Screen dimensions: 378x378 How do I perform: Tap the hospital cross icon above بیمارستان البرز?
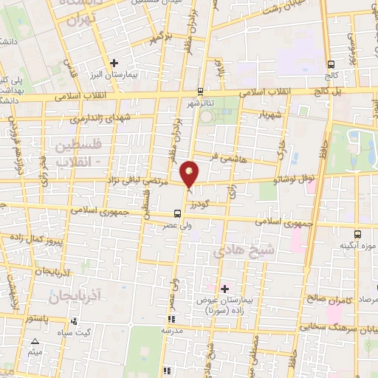tap(113, 63)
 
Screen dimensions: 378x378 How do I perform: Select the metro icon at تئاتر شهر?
tap(199, 92)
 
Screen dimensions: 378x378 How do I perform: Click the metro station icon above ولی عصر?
tap(175, 215)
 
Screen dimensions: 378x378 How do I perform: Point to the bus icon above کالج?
tap(331, 63)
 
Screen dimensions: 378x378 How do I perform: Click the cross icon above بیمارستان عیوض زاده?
tap(224, 288)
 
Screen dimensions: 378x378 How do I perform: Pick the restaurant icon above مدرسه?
tap(171, 320)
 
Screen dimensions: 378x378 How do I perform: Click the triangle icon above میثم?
tap(35, 341)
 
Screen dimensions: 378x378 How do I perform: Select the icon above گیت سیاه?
tap(75, 321)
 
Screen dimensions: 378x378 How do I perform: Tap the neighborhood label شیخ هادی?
tap(244, 252)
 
